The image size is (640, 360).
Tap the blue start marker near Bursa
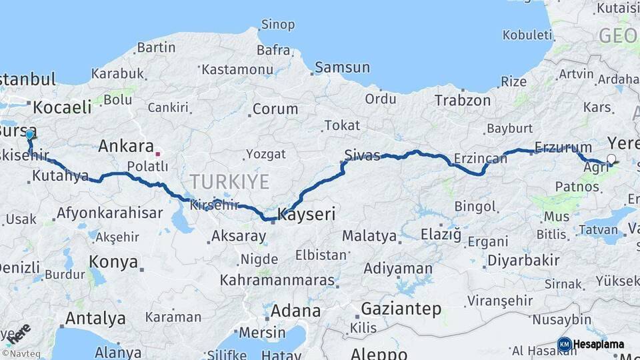point(29,135)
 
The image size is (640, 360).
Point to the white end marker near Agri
point(611,159)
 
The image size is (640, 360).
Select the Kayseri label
point(306,215)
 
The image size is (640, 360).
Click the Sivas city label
point(362,156)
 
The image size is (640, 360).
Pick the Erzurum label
point(563,147)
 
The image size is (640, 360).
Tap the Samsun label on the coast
point(342,67)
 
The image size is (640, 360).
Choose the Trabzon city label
point(463,101)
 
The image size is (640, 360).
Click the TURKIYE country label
point(229,181)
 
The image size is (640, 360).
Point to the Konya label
point(113,261)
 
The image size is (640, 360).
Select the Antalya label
point(95,318)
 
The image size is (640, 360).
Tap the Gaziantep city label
point(401,309)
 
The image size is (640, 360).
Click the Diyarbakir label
point(523,260)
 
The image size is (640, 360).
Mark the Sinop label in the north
point(277,25)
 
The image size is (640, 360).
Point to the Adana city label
point(295,311)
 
